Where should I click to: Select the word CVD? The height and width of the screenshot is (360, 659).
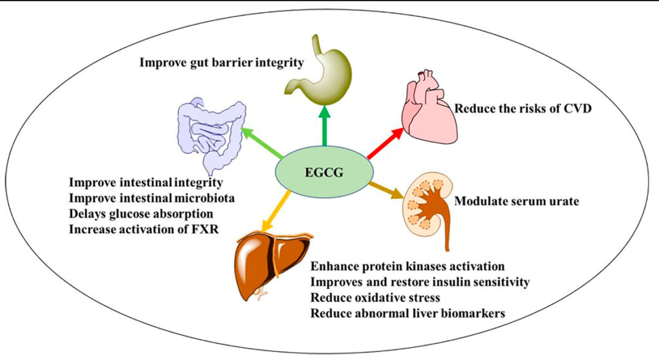point(577,108)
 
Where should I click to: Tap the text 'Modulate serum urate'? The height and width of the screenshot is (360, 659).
point(517,202)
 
